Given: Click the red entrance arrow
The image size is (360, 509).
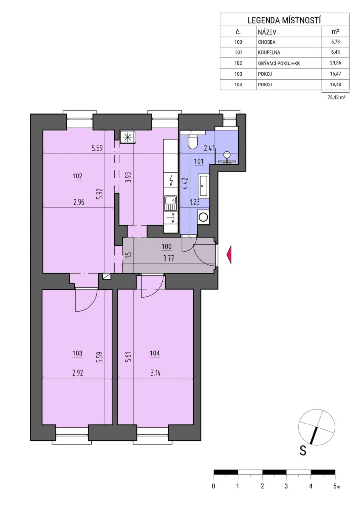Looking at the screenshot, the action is click(229, 254).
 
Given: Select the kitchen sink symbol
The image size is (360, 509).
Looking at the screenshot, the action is click(170, 203).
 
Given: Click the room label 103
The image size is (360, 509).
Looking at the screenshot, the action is click(78, 353).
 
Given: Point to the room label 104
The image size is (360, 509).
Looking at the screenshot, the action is click(155, 353).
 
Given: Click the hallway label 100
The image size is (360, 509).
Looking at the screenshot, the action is click(166, 246).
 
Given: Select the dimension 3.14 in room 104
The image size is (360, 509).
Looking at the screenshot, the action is click(155, 373).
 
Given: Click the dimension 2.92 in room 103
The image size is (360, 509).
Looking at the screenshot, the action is click(77, 373).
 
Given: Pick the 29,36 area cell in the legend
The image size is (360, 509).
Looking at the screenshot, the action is click(335, 63).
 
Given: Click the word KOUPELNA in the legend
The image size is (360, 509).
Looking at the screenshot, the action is click(269, 52).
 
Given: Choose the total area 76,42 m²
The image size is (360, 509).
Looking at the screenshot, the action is click(336, 97).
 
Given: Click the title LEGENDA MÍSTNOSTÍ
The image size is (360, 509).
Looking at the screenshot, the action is click(284, 20).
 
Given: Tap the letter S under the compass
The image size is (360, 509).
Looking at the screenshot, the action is click(303, 451).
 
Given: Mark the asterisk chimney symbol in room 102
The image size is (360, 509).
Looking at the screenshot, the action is click(127, 137).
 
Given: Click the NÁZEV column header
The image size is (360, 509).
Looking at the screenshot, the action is click(267, 32).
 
